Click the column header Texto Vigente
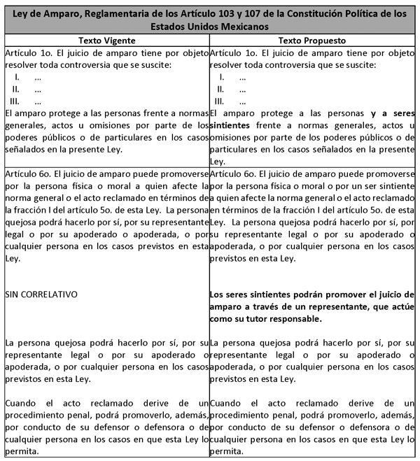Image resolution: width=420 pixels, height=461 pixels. coord(106,41)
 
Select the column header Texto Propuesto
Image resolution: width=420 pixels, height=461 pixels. coord(312,41)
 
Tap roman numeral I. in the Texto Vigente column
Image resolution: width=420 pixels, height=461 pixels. coord(17,77)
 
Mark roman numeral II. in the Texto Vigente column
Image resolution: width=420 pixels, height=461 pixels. coord(15,89)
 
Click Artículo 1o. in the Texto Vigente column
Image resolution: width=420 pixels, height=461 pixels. coord(26,53)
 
